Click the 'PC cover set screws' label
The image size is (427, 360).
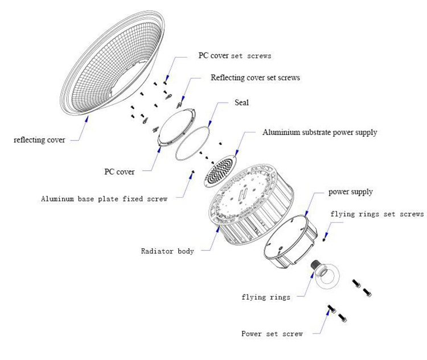point(235,56)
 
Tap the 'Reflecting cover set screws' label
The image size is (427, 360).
point(255,77)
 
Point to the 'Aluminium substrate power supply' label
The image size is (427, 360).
point(320,133)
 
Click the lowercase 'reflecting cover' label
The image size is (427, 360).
point(39,140)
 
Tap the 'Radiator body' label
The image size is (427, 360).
point(167,251)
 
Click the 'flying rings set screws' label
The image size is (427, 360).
point(377,214)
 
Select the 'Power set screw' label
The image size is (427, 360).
point(272,334)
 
